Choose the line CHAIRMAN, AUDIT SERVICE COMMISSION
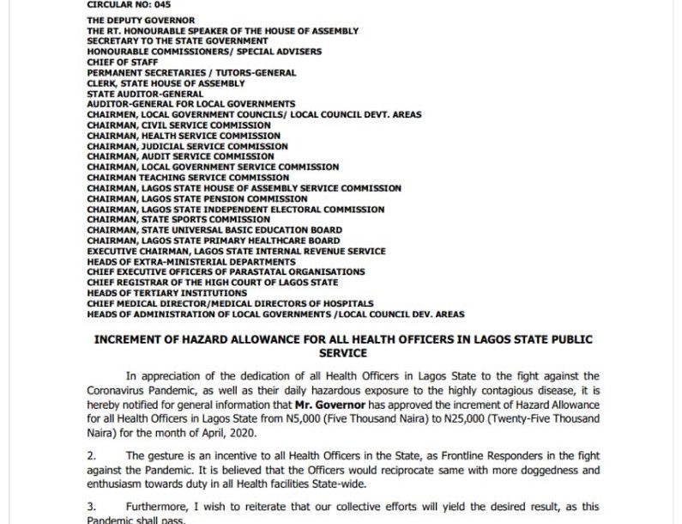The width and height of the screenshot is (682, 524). click(180, 156)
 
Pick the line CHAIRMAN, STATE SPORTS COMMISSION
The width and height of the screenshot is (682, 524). click(178, 219)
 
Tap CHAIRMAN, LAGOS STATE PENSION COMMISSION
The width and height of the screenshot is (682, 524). click(197, 198)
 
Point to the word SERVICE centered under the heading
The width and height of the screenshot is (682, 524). click(342, 353)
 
